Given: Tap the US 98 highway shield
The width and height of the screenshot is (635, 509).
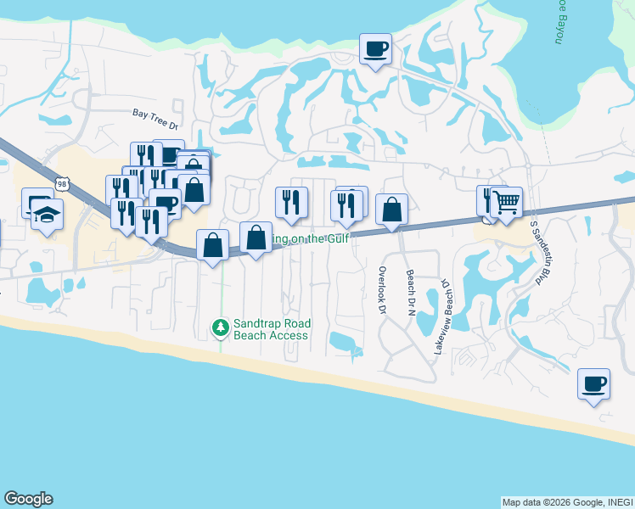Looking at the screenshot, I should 59,182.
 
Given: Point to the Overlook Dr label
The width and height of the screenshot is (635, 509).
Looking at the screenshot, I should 381,290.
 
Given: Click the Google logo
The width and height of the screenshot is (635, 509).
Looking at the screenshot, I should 28,499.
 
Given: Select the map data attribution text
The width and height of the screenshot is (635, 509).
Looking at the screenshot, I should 566,502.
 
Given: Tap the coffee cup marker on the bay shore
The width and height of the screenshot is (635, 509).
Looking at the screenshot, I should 375,48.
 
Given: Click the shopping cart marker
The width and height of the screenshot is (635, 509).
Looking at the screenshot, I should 507,202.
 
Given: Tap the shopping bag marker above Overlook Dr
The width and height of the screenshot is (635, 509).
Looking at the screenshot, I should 391,209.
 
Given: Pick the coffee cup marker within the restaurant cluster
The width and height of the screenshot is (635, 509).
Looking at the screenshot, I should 166,204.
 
